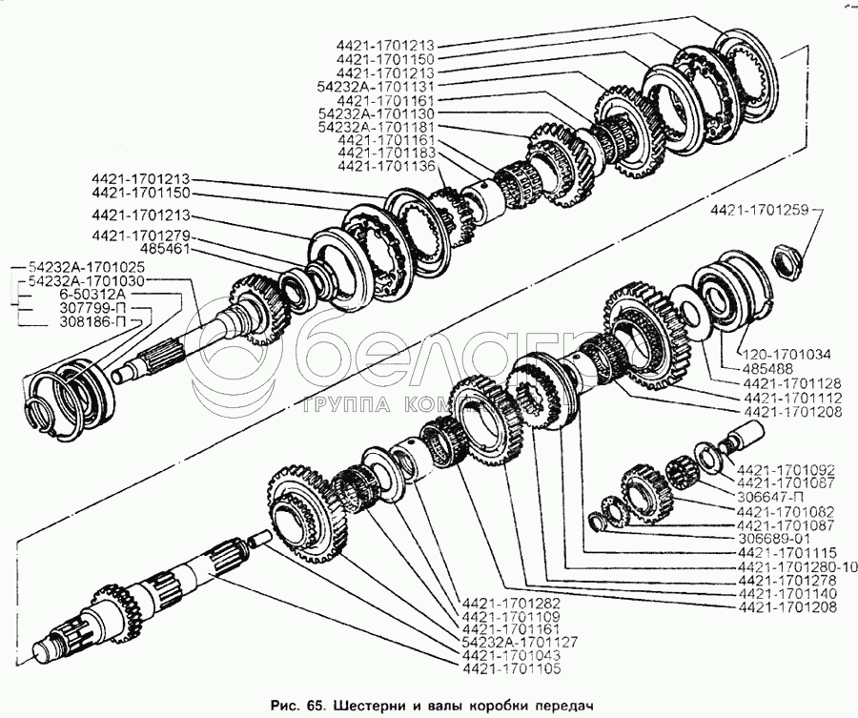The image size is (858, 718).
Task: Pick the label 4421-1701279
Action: pos(140,235)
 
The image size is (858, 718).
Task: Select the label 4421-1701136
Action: pos(385,166)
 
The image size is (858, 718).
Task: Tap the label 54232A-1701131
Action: pos(377,85)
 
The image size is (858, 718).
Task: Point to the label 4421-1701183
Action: pos(385,153)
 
